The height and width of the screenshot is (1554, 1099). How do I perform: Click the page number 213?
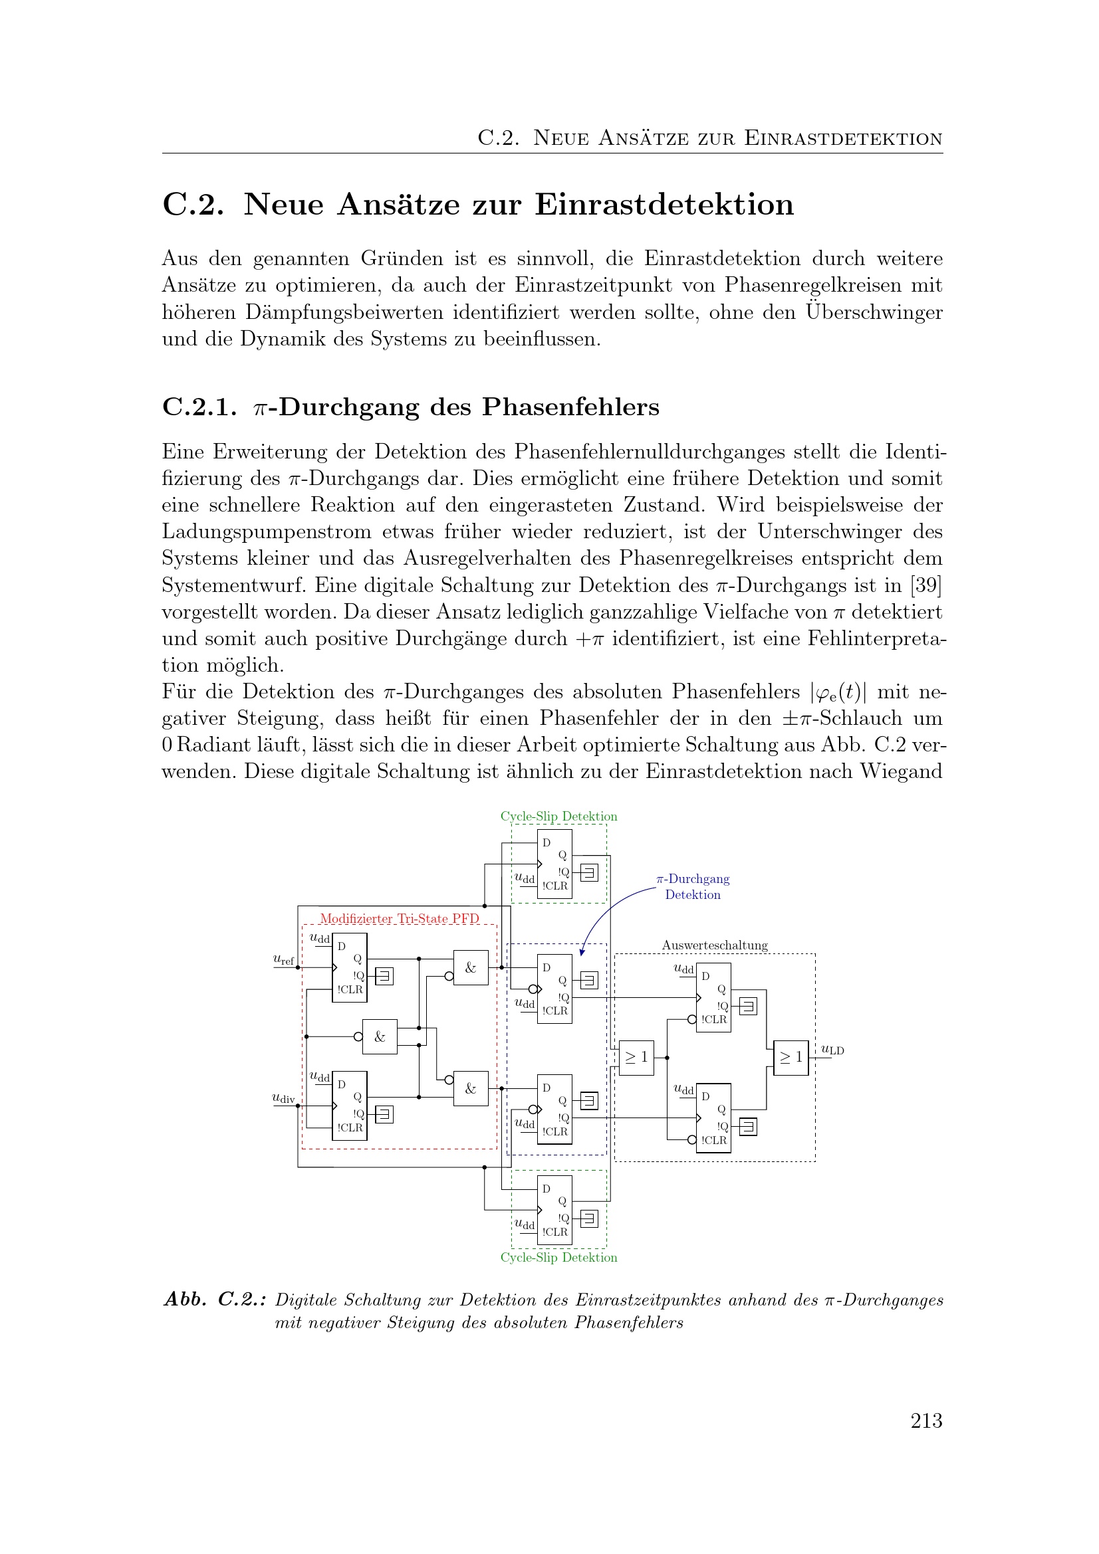pyautogui.click(x=925, y=1420)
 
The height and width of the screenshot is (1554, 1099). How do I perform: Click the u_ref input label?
pyautogui.click(x=283, y=959)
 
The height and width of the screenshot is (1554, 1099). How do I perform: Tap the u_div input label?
pyautogui.click(x=283, y=1098)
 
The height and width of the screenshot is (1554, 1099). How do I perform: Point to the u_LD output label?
pyautogui.click(x=832, y=1050)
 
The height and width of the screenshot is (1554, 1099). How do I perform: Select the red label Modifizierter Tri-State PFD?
pyautogui.click(x=399, y=918)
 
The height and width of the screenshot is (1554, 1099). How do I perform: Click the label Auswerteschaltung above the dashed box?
pyautogui.click(x=715, y=945)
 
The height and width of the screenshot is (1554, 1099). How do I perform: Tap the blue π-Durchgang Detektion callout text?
pyautogui.click(x=693, y=887)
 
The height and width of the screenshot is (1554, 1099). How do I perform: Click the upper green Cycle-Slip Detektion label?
pyautogui.click(x=558, y=817)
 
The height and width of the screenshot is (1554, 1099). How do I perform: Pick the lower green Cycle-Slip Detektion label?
pyautogui.click(x=558, y=1258)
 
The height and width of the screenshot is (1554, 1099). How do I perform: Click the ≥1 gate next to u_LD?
pyautogui.click(x=791, y=1057)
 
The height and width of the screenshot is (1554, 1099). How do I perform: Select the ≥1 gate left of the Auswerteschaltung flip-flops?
pyautogui.click(x=636, y=1057)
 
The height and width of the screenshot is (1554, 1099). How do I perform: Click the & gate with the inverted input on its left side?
pyautogui.click(x=379, y=1036)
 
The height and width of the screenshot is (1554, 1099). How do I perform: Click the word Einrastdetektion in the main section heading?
pyautogui.click(x=664, y=205)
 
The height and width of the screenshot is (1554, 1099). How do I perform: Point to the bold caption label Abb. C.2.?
pyautogui.click(x=215, y=1300)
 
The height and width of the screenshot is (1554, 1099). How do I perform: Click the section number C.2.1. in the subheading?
pyautogui.click(x=199, y=407)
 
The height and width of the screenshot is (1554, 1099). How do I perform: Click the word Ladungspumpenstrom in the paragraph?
pyautogui.click(x=266, y=532)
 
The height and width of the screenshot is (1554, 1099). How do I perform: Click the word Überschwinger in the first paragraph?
pyautogui.click(x=874, y=312)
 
